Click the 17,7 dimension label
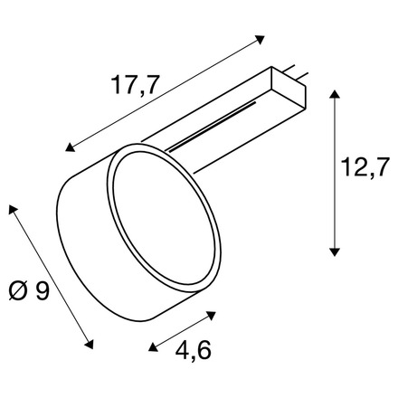(135, 85)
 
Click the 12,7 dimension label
(364, 166)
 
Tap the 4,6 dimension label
(194, 350)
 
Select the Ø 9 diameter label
(29, 290)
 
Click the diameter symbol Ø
(18, 290)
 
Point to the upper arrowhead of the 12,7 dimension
(334, 94)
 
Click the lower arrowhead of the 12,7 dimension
(334, 251)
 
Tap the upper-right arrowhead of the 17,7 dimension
(261, 39)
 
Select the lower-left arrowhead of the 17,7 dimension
(70, 147)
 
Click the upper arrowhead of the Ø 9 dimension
(13, 209)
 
